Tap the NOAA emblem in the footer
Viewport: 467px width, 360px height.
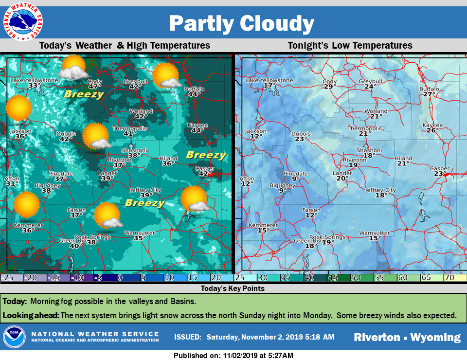(14, 337)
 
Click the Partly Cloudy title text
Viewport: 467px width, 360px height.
(241, 23)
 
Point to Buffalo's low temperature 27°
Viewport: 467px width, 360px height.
(429, 94)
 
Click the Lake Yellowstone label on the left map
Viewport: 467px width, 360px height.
(35, 80)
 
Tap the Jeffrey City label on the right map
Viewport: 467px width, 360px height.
(380, 190)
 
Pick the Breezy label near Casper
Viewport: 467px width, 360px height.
(206, 155)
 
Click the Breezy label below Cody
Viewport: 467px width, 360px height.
(84, 94)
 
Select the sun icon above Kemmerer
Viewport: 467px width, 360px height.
(26, 204)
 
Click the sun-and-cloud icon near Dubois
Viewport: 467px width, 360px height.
(95, 136)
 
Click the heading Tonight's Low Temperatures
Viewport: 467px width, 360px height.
(350, 45)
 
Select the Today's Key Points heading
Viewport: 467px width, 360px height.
(233, 288)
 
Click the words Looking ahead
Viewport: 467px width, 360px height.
(31, 315)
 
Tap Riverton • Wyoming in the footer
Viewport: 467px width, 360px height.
(407, 337)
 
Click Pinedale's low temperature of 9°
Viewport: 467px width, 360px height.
(295, 179)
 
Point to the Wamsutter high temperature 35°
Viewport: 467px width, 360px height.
(139, 238)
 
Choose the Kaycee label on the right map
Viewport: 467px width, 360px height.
(432, 125)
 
